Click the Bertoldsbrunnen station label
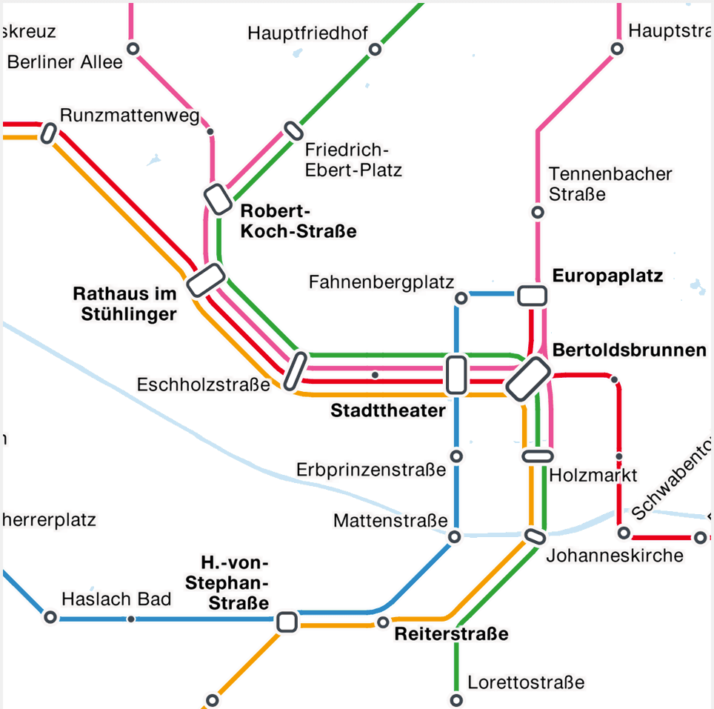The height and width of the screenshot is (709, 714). click(630, 350)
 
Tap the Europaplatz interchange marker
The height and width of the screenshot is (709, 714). click(532, 296)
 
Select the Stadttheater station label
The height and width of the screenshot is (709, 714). click(388, 410)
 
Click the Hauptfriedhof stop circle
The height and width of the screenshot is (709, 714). click(375, 50)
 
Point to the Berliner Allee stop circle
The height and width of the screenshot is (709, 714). click(133, 49)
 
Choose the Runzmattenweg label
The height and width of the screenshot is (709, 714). click(130, 116)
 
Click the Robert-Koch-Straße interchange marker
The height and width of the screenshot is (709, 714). click(218, 199)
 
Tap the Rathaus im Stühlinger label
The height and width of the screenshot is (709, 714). click(125, 304)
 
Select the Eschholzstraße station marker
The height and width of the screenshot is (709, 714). click(295, 370)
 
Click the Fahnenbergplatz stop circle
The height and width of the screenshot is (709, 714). click(461, 298)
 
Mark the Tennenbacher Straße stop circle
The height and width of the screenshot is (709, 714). click(538, 213)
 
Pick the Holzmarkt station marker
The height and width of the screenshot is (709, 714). click(538, 456)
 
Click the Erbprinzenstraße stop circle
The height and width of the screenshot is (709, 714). click(456, 456)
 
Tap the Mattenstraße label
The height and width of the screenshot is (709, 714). click(390, 521)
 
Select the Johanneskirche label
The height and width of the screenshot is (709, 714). click(615, 555)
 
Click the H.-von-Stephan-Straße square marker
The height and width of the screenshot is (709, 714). click(287, 622)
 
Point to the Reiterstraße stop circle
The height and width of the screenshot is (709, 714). click(383, 622)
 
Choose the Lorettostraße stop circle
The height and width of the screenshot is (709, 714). click(456, 700)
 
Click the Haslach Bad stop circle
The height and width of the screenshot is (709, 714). click(50, 617)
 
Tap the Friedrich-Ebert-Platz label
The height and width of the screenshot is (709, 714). click(353, 159)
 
